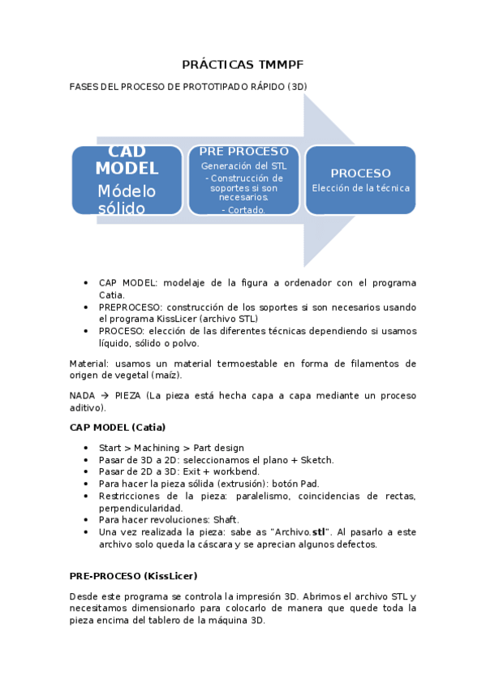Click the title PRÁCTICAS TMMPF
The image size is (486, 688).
click(242, 64)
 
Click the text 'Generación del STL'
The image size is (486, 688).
click(243, 166)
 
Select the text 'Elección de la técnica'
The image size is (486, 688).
click(360, 188)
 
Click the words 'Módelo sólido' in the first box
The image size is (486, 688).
click(127, 200)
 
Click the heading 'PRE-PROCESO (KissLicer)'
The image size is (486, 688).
click(133, 576)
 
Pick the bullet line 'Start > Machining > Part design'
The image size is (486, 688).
click(171, 448)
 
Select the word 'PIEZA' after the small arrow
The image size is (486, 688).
click(129, 396)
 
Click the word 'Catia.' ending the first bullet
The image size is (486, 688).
click(113, 295)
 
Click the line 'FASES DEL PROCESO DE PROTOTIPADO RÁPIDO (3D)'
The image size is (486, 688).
click(188, 85)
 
